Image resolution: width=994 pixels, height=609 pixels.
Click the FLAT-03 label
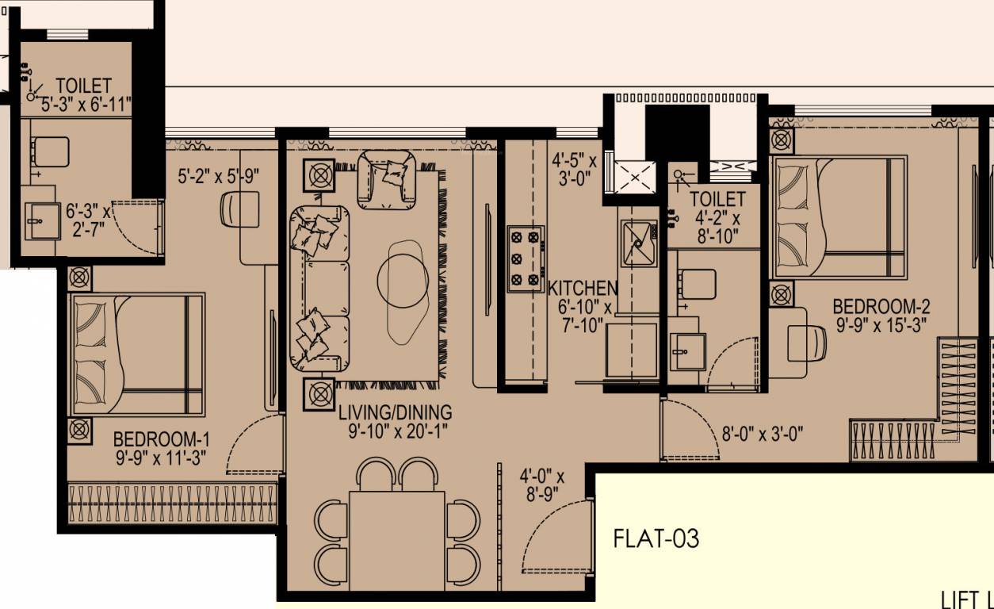[x=656, y=539]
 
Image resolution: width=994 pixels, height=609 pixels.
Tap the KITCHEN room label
[x=583, y=288]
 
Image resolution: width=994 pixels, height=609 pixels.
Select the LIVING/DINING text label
[x=395, y=412]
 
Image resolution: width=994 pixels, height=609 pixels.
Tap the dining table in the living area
[x=396, y=530]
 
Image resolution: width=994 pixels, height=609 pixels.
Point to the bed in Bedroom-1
[x=136, y=354]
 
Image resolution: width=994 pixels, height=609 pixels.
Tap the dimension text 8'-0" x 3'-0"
[x=762, y=434]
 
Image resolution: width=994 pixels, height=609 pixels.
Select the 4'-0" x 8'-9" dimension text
[x=541, y=485]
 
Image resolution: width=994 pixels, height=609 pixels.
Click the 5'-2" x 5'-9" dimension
[x=219, y=176]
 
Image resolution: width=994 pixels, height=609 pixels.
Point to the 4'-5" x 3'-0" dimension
[x=574, y=169]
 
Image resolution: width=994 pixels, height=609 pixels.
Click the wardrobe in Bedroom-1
[x=173, y=504]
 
